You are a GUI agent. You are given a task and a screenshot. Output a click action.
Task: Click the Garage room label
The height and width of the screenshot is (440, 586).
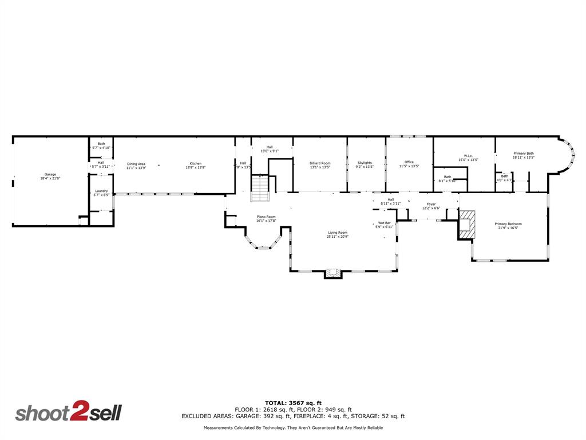click(x=50, y=174)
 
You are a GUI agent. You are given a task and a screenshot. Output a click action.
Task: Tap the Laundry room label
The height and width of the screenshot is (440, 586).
click(x=101, y=191)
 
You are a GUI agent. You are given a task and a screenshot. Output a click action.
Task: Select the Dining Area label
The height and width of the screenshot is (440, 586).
click(x=136, y=164)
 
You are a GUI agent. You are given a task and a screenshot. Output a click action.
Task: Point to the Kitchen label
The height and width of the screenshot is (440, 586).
click(x=196, y=164)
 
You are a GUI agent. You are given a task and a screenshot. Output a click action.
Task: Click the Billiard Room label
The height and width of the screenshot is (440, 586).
click(x=320, y=163)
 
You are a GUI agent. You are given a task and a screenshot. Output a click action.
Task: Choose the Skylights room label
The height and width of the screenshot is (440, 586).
click(x=365, y=163)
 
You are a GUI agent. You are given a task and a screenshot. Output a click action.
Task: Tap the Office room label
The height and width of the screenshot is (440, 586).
click(x=409, y=162)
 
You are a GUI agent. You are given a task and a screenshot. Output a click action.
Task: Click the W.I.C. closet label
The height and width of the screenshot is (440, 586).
click(x=468, y=156)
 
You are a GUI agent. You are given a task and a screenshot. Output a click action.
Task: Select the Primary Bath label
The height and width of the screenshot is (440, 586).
click(x=524, y=154)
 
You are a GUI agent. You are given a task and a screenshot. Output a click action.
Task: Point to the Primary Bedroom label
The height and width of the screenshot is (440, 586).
click(x=508, y=224)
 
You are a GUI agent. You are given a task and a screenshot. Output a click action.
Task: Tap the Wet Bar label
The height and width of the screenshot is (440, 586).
click(x=384, y=223)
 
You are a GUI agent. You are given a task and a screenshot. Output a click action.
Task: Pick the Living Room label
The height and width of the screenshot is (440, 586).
click(x=338, y=233)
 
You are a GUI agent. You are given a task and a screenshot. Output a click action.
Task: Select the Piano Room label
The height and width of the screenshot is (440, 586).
click(x=266, y=217)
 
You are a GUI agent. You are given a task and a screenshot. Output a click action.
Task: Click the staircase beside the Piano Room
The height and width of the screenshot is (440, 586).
click(x=260, y=188)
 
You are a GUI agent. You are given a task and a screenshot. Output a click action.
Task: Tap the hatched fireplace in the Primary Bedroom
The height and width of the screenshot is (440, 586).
click(x=467, y=225)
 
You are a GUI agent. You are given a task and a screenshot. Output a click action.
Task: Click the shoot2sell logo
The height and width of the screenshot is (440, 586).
click(x=69, y=413)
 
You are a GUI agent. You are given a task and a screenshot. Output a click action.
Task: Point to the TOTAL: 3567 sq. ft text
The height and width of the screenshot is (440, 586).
click(x=293, y=403)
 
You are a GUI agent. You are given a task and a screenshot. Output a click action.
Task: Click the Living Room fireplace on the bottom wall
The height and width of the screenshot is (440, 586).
click(x=333, y=273)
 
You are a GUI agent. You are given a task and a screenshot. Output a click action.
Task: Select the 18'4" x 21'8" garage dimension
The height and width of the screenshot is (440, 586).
click(x=50, y=178)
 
